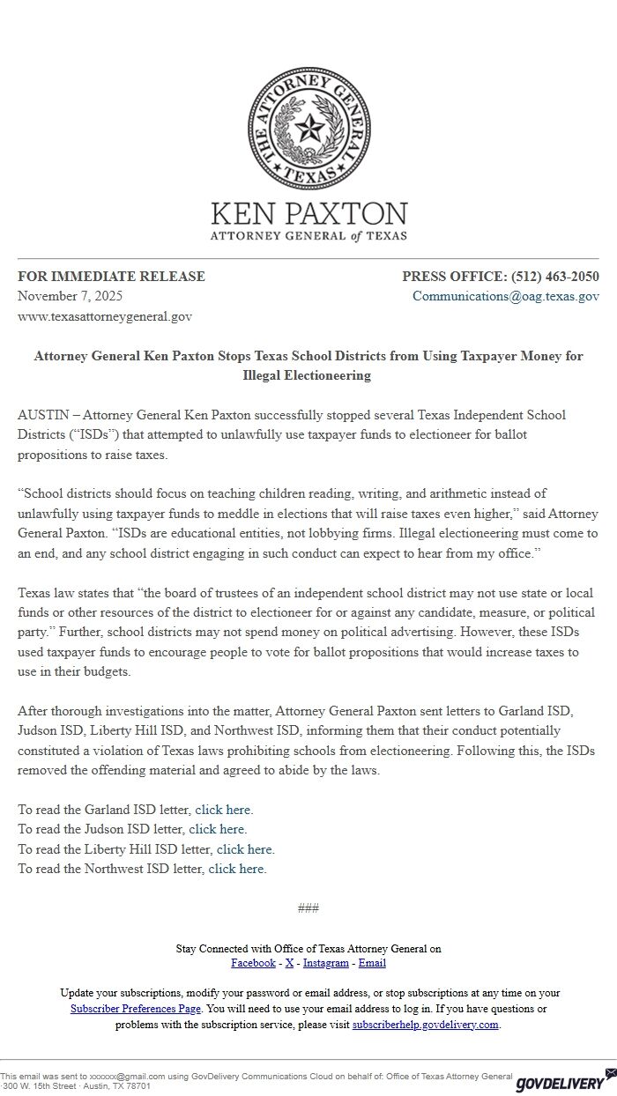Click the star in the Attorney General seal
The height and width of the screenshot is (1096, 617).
(x=308, y=130)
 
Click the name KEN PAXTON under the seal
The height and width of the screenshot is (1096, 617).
(x=308, y=214)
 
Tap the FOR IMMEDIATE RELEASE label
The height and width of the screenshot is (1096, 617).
(x=111, y=277)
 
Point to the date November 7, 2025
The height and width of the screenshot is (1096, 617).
(x=71, y=296)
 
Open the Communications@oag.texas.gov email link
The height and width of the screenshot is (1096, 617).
(x=505, y=296)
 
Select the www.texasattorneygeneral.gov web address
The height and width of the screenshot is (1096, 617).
(x=105, y=316)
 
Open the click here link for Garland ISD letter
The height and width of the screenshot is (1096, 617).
(x=223, y=810)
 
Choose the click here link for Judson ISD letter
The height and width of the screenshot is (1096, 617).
(x=217, y=829)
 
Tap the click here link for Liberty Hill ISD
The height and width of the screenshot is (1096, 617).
(x=244, y=849)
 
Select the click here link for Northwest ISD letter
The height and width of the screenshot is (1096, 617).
(x=236, y=869)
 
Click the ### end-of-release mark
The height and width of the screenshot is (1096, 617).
(x=308, y=908)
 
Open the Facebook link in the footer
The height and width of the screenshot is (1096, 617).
(x=253, y=963)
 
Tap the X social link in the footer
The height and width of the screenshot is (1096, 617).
(x=289, y=963)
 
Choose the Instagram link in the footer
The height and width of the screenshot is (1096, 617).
(x=326, y=963)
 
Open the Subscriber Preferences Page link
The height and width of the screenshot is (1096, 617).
(x=136, y=1009)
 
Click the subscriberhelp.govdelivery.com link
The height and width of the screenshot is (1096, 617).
(x=426, y=1025)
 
